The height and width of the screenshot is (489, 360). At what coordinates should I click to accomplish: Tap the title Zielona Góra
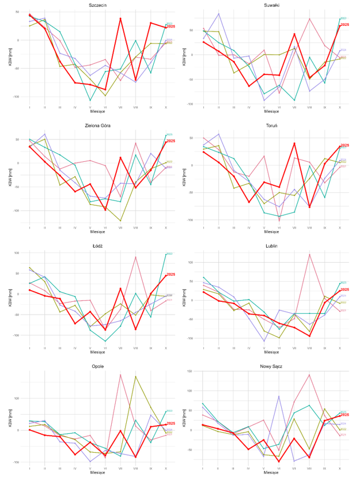click(x=97, y=125)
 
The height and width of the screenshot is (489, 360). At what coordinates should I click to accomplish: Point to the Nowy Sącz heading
click(x=271, y=366)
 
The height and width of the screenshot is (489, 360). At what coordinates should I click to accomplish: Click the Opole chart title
click(x=97, y=366)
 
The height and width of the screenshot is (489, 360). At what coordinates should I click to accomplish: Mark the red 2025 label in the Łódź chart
click(x=171, y=275)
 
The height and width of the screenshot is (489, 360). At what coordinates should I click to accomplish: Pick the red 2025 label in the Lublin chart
click(x=344, y=290)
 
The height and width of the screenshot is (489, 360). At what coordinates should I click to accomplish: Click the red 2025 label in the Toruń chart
click(x=344, y=145)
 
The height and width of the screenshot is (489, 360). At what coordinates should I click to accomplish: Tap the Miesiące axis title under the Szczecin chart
click(x=97, y=111)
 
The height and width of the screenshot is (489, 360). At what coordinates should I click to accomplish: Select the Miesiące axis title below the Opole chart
click(x=97, y=472)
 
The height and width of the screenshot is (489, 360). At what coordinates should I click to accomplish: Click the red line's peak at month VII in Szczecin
click(x=120, y=18)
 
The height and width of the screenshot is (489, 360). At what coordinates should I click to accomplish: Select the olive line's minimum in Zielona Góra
click(x=120, y=221)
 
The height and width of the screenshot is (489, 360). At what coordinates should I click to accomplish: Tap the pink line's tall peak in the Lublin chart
click(x=309, y=254)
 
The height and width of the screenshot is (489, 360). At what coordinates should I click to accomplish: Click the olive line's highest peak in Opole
click(x=135, y=377)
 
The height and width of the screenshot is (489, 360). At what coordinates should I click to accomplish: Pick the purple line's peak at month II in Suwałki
click(x=218, y=13)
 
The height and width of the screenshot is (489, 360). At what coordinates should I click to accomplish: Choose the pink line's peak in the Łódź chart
click(x=135, y=257)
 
